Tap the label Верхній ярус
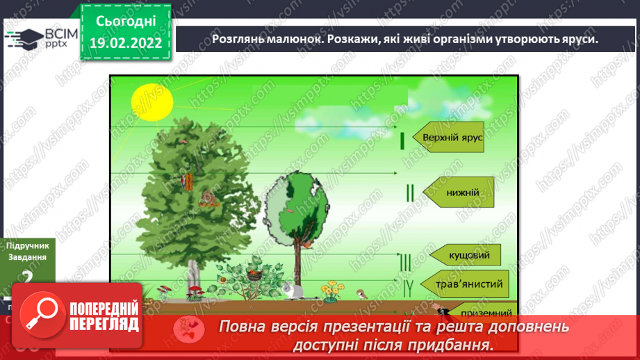tap(452, 138)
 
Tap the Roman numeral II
tap(409, 193)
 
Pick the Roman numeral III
tap(406, 261)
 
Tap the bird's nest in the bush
tap(255, 274)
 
